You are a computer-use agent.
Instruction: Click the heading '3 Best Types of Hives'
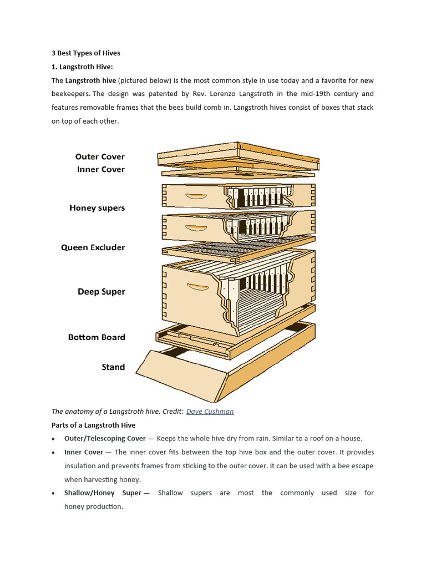click(x=86, y=53)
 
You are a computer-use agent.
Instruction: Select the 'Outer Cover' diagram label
click(x=100, y=156)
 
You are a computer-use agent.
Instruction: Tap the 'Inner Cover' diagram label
click(x=101, y=169)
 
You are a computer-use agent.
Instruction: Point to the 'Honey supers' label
click(x=97, y=208)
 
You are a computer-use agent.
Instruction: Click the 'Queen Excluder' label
click(x=93, y=247)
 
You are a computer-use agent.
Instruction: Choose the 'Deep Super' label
click(x=101, y=291)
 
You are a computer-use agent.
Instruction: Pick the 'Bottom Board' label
click(x=97, y=337)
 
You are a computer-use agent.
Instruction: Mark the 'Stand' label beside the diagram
click(x=113, y=367)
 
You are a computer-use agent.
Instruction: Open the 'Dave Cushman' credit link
click(x=210, y=412)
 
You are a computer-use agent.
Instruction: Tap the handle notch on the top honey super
click(x=196, y=196)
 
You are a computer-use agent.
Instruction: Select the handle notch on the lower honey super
click(x=196, y=228)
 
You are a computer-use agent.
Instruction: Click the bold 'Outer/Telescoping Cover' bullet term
click(x=105, y=438)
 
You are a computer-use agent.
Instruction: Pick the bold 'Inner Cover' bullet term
click(x=84, y=452)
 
